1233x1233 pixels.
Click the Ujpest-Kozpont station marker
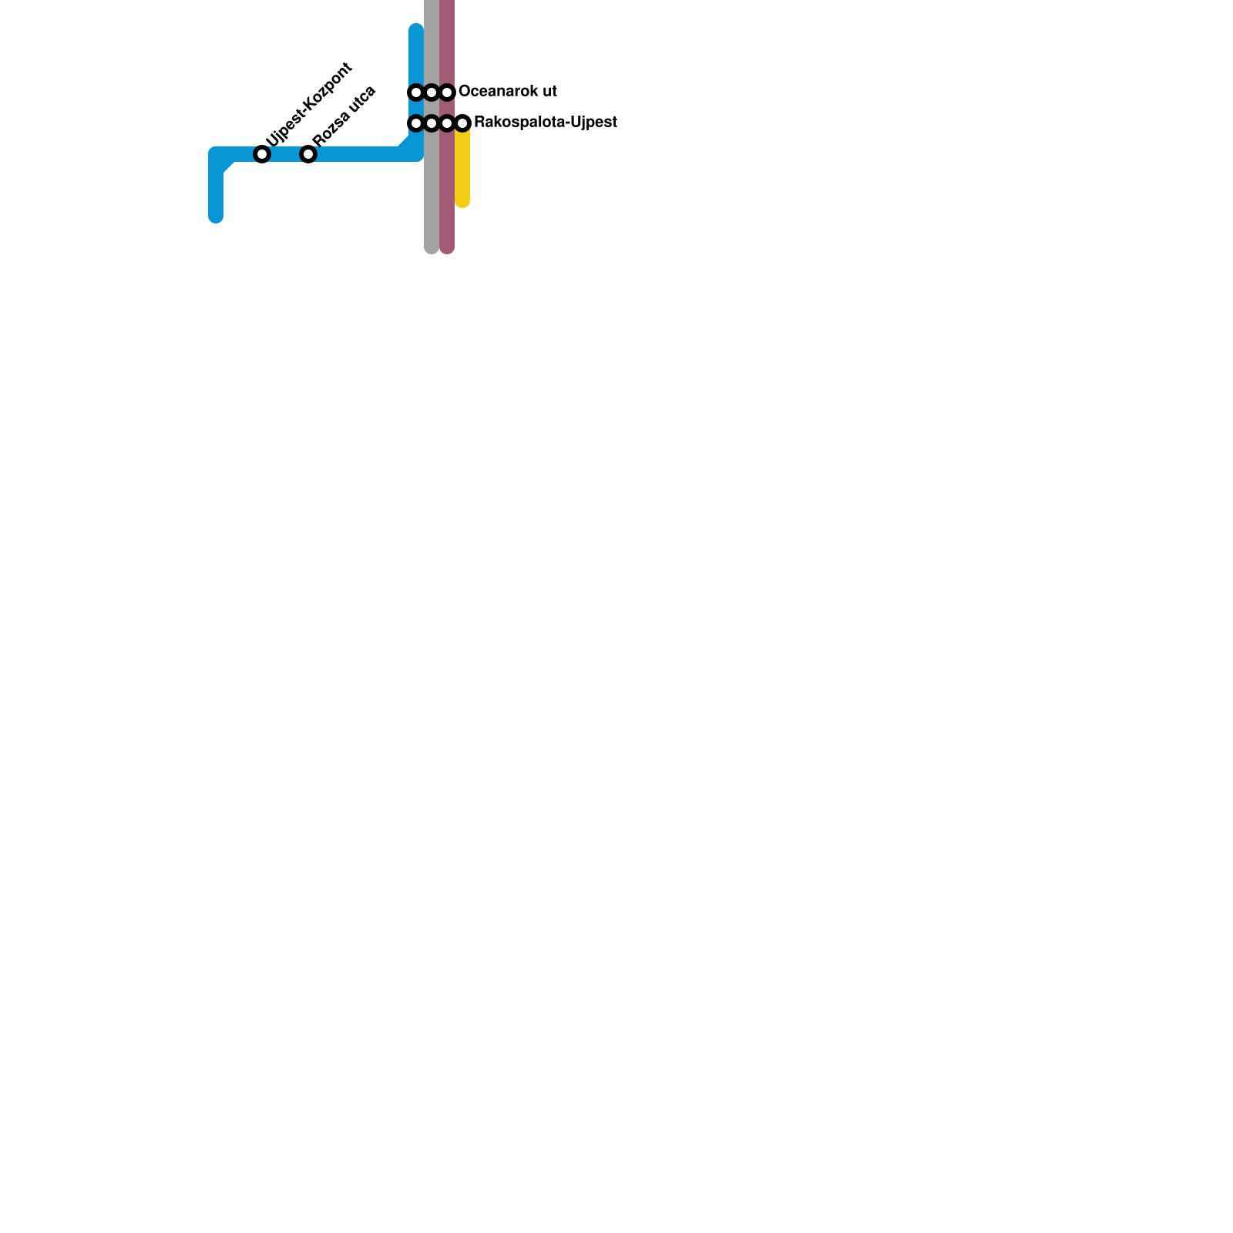(x=262, y=154)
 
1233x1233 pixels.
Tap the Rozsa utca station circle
(x=308, y=154)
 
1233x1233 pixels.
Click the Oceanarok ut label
(x=507, y=91)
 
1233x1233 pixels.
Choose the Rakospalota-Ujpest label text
(x=545, y=122)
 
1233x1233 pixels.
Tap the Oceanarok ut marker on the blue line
(x=416, y=92)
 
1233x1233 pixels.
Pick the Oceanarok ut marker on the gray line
(x=432, y=92)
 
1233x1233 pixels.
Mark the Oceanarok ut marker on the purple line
(x=447, y=92)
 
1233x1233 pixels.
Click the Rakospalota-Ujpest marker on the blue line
(x=416, y=123)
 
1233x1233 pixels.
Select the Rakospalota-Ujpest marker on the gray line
(x=432, y=123)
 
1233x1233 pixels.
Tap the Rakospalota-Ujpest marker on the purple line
(x=447, y=123)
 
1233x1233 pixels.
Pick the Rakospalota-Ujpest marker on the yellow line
(x=462, y=123)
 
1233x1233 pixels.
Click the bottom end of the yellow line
(x=462, y=202)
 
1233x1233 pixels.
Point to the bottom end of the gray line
(x=432, y=247)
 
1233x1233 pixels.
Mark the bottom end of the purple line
(x=447, y=247)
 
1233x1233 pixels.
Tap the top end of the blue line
(x=416, y=29)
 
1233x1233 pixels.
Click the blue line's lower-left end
(x=216, y=217)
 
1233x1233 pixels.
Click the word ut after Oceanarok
(x=548, y=91)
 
